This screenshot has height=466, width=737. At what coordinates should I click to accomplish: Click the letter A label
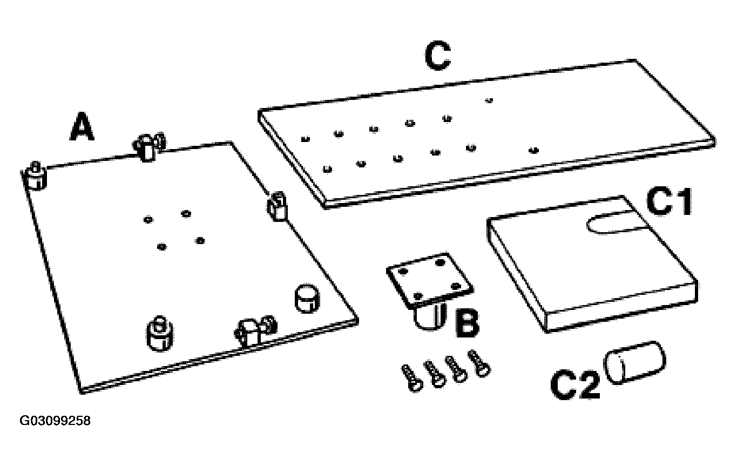82,126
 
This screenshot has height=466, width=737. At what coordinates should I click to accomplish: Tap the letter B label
467,323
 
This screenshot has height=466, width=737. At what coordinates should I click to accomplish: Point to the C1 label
669,201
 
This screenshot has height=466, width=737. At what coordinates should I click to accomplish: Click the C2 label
575,384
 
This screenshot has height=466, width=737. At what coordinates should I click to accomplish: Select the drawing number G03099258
55,421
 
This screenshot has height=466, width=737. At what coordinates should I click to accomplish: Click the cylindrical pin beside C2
634,362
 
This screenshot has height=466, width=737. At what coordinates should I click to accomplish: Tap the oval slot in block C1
617,223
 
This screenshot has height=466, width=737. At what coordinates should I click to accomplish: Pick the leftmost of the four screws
411,378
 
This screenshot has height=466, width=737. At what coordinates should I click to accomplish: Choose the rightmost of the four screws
479,363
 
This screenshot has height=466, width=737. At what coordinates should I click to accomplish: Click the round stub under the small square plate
430,316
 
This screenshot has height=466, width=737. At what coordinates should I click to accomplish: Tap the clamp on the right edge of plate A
276,206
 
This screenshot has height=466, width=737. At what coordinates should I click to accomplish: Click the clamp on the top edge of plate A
148,147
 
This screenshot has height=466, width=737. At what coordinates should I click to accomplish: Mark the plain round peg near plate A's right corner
307,299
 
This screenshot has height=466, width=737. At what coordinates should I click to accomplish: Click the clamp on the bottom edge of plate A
255,332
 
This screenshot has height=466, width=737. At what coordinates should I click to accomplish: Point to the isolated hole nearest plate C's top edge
489,100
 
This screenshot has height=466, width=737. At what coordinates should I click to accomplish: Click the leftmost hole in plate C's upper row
306,139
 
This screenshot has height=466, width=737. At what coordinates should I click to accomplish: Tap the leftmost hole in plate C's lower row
327,169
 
